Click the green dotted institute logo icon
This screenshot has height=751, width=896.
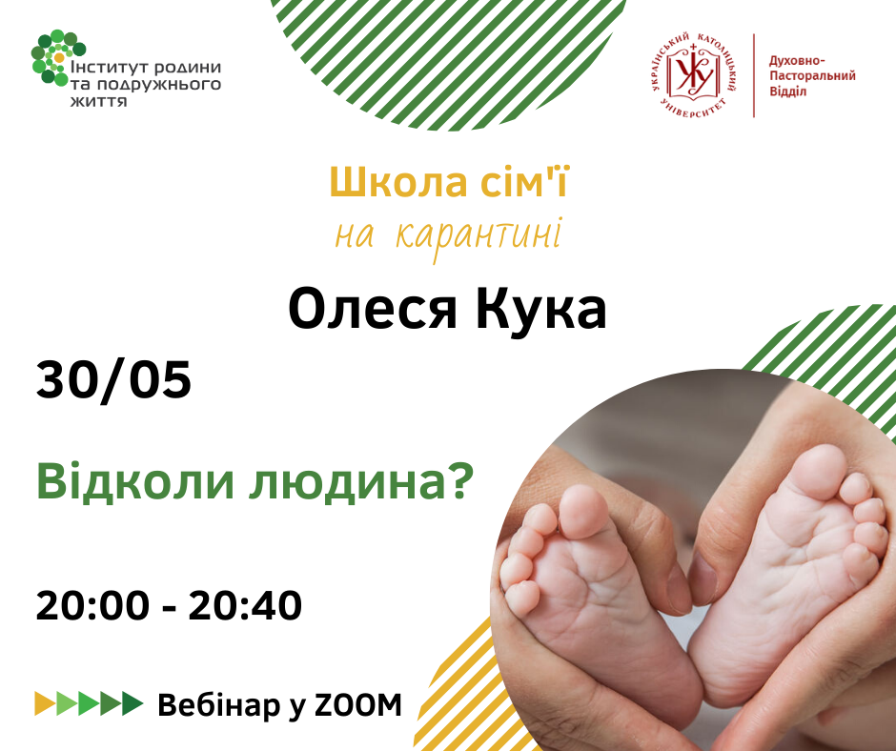(58, 58)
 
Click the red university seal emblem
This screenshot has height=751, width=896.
(693, 75)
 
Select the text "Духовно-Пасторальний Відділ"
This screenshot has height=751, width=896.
(812, 76)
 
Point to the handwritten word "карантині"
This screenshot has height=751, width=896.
(479, 235)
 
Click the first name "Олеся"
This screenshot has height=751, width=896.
(373, 309)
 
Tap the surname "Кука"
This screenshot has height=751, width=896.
(540, 309)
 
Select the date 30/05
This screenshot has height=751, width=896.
(113, 380)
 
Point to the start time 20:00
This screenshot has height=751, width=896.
(93, 605)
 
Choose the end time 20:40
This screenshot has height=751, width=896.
(245, 605)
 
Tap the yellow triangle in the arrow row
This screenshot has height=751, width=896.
(45, 703)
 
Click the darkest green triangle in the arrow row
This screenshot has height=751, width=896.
(132, 703)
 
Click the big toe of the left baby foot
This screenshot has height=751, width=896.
(582, 511)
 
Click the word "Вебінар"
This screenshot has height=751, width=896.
(219, 705)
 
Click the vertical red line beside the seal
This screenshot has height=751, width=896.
(754, 75)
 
